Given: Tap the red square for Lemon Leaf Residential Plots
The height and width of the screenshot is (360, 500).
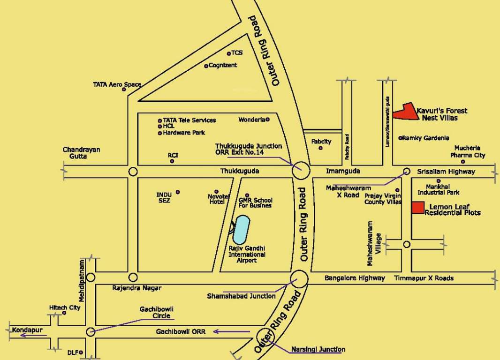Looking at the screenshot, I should [x=418, y=208].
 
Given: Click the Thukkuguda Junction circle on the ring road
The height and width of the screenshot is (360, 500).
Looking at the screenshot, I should [x=300, y=171].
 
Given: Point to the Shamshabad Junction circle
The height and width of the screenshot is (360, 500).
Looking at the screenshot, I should [x=299, y=279].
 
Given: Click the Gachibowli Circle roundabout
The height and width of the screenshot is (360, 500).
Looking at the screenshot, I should [x=91, y=332].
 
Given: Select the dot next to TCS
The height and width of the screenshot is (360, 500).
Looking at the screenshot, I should [x=228, y=53].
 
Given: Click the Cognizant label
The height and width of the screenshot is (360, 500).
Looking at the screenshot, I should [x=223, y=66].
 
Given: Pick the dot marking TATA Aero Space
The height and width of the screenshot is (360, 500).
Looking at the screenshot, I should [x=124, y=90].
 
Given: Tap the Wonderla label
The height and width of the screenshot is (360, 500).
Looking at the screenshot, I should [x=252, y=120].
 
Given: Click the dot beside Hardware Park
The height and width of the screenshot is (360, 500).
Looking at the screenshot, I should [x=160, y=133].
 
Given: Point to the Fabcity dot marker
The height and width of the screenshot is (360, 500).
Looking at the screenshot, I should [x=321, y=148].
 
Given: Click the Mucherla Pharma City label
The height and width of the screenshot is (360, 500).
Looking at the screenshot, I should [x=468, y=152].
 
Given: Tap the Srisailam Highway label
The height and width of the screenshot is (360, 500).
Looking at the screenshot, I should [x=446, y=172].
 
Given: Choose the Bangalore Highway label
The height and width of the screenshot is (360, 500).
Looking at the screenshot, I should [x=355, y=278].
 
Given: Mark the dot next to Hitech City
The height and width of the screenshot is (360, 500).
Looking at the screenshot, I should [x=64, y=313].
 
